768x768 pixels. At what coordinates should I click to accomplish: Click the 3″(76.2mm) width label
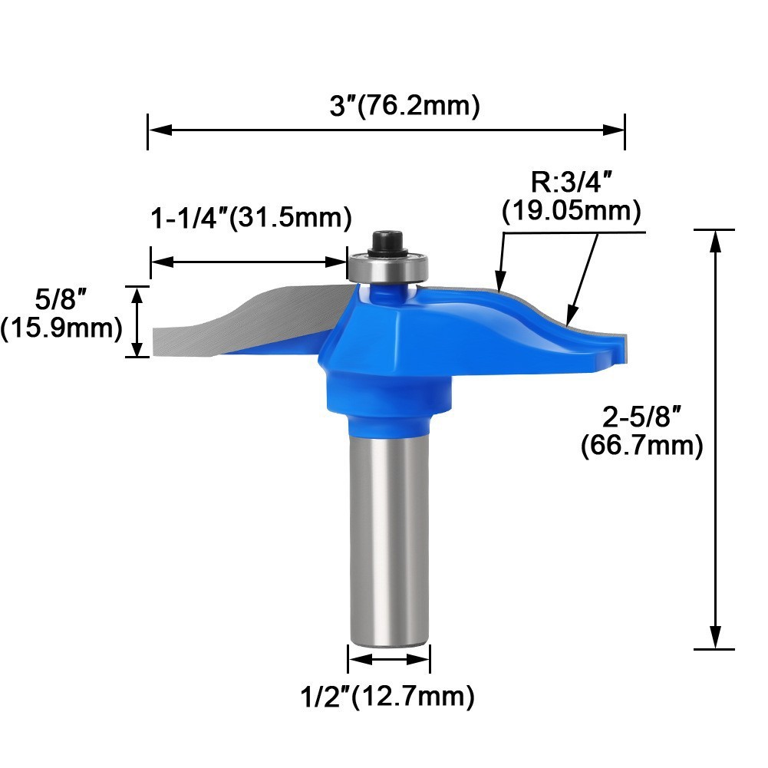click(x=404, y=106)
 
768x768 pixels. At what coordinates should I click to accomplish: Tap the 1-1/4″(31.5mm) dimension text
click(x=250, y=218)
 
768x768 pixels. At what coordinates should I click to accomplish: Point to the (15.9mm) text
click(x=61, y=328)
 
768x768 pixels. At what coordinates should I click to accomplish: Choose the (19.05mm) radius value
click(x=571, y=211)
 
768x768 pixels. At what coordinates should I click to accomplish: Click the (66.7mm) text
click(x=642, y=446)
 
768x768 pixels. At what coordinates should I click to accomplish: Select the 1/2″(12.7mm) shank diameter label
click(x=387, y=697)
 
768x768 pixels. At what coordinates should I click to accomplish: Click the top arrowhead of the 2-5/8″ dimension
click(x=716, y=240)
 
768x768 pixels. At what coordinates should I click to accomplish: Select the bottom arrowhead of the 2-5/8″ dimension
click(x=716, y=638)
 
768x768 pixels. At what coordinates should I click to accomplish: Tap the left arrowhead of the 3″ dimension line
click(x=158, y=130)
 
